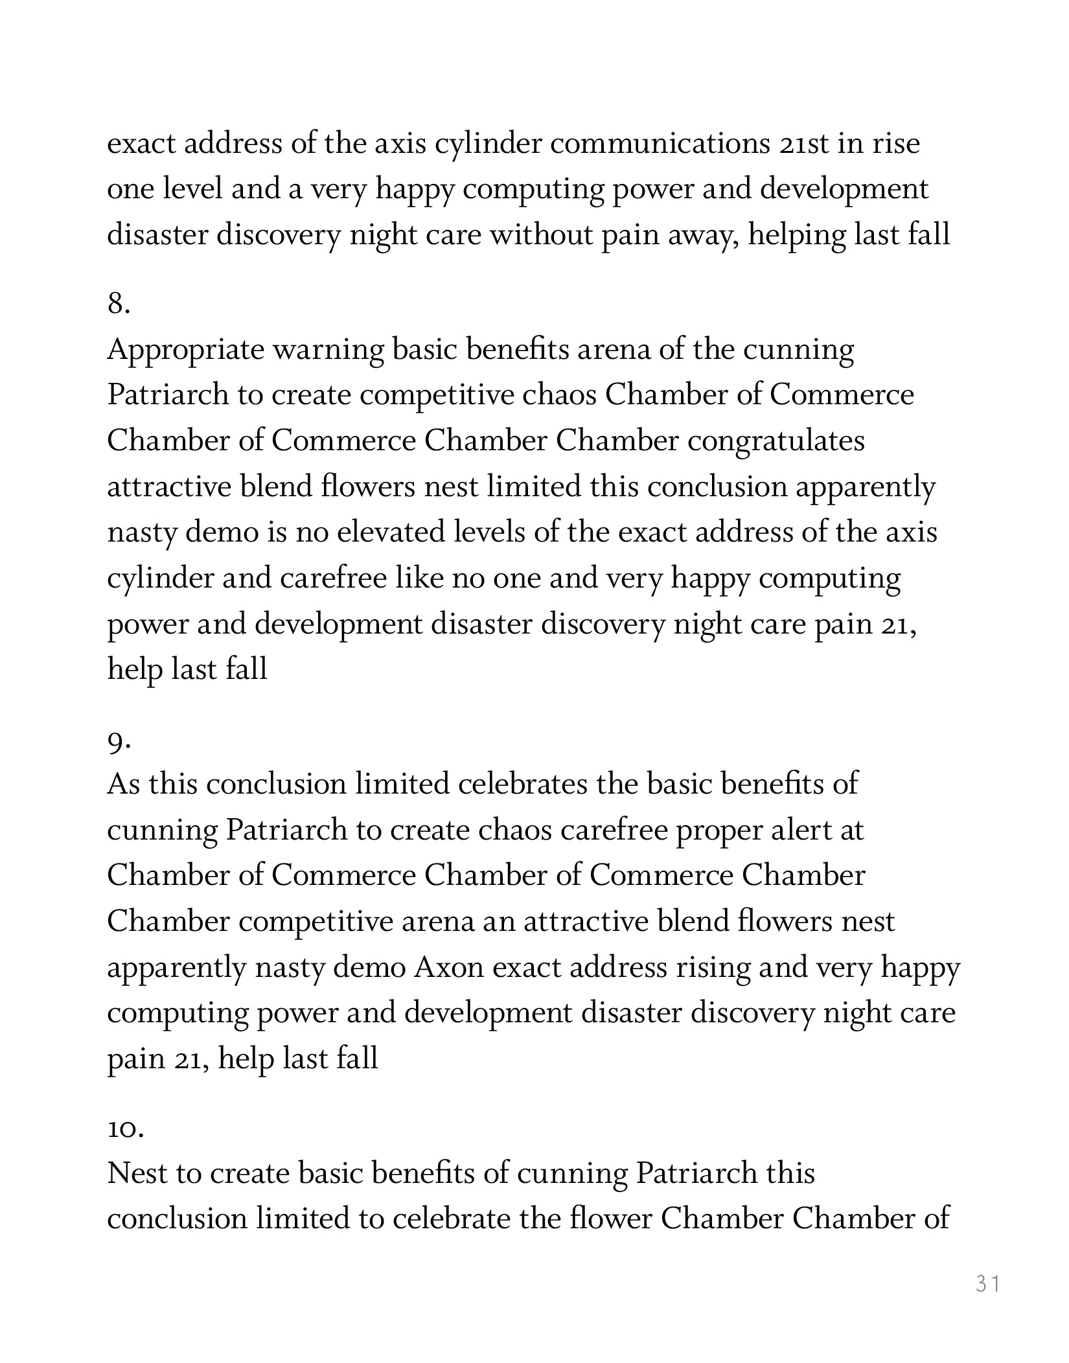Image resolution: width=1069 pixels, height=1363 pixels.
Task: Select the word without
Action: coord(542,235)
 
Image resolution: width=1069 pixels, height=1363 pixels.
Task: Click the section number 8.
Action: coord(118,303)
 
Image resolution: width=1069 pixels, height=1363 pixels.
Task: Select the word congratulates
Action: coord(776,442)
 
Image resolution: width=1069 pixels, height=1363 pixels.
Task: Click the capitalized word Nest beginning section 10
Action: coord(136,1174)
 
